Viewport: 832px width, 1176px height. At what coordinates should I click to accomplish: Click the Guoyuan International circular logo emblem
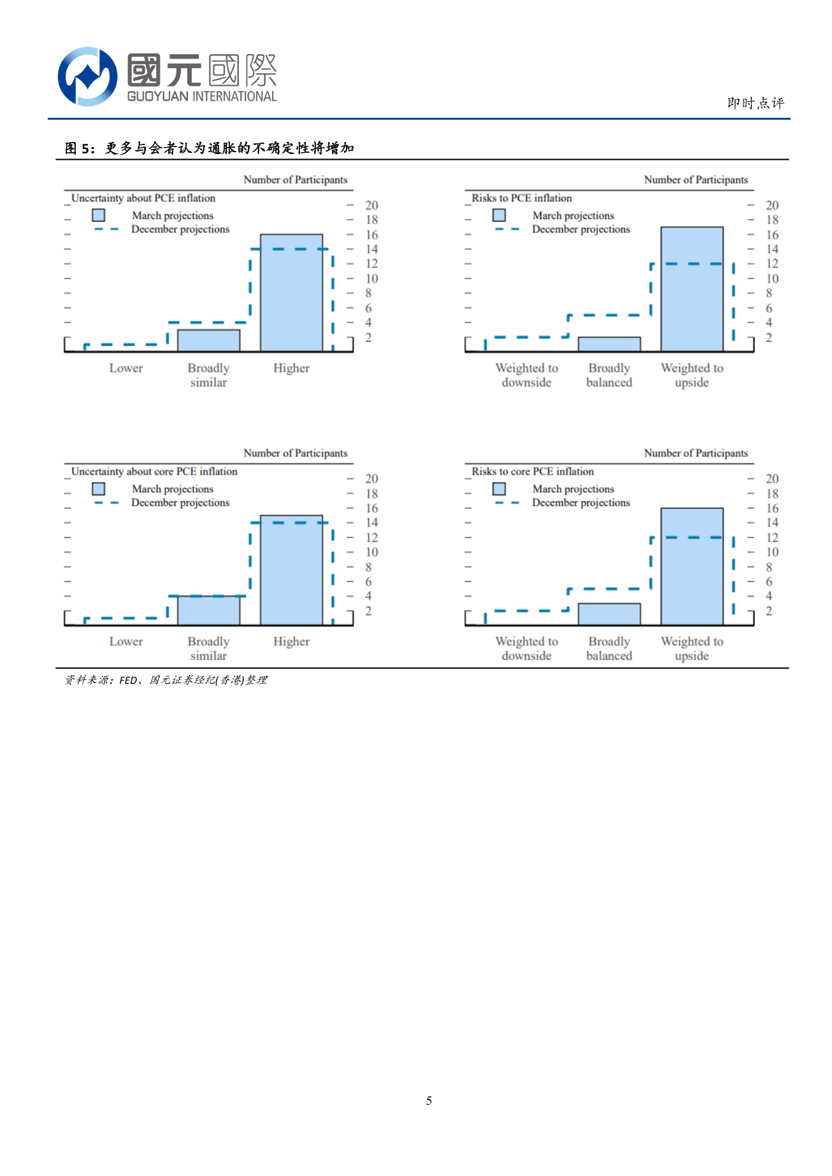pos(87,76)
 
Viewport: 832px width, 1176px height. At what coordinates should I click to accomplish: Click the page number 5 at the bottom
pos(429,1100)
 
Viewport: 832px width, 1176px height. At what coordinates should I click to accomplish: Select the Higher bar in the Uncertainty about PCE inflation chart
pos(291,293)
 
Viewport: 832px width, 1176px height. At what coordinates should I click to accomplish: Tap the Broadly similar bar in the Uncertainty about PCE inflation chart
pos(208,341)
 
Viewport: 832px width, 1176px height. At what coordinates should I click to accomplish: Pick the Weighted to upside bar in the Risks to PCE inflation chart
pos(692,289)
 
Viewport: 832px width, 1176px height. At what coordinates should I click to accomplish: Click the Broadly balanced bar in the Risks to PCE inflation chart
pos(609,344)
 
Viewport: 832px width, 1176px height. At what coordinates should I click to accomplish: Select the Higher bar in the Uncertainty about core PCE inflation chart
pos(291,570)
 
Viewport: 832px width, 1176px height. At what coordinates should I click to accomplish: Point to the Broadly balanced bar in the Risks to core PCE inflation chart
pos(609,614)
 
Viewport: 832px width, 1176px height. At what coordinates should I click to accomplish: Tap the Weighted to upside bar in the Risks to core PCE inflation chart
pos(692,567)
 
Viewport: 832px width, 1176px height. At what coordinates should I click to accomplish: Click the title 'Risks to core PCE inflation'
pos(533,472)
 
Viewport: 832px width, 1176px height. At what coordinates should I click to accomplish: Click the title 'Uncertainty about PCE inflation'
pos(143,198)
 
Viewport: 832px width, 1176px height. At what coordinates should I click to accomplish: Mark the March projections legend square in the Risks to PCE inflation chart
pos(499,215)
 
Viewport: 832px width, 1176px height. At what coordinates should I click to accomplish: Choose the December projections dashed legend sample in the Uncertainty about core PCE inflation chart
pos(106,503)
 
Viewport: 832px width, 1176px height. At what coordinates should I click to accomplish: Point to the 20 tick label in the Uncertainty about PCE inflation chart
pos(371,205)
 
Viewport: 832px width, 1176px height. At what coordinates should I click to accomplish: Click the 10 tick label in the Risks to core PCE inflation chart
pos(772,552)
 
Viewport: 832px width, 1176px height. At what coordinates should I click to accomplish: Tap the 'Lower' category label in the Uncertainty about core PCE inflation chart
pos(126,642)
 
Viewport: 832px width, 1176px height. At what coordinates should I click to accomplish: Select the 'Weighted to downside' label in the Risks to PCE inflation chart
pos(526,375)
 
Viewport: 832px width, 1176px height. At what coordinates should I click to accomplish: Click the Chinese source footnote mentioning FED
pos(166,680)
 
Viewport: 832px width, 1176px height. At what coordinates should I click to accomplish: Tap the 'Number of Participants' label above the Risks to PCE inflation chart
pos(696,180)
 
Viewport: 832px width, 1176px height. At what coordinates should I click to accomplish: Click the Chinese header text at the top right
pos(756,103)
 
